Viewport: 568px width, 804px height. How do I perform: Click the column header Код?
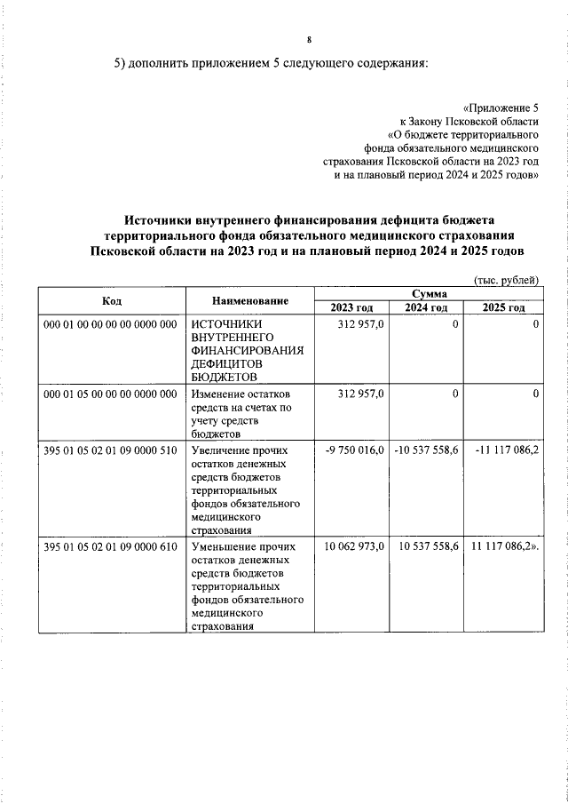tap(112, 301)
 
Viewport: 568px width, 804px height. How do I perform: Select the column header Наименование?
tap(250, 301)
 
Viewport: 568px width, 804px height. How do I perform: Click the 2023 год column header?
tap(351, 307)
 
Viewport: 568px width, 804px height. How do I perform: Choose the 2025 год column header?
tap(503, 307)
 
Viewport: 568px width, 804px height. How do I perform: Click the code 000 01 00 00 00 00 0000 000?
tap(111, 325)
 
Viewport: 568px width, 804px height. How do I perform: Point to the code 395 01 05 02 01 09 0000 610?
tap(111, 545)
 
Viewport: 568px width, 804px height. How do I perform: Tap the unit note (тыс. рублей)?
tap(507, 279)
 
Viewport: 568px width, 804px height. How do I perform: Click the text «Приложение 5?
tap(501, 106)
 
